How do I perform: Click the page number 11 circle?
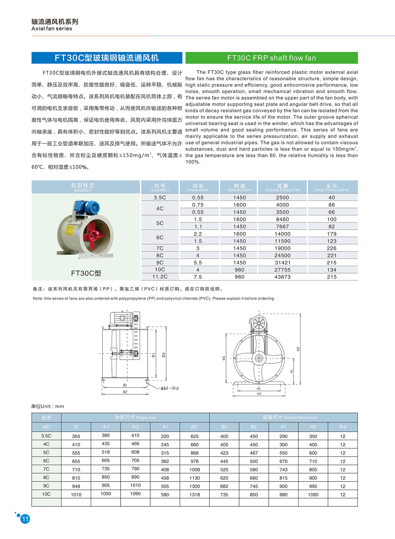[x=25, y=519]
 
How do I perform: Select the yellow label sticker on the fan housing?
[x=70, y=230]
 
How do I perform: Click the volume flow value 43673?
[x=282, y=277]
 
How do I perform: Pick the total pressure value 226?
[x=331, y=248]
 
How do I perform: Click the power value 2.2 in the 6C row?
[x=198, y=234]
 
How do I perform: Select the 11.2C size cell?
[x=160, y=277]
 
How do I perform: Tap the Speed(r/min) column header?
[x=239, y=187]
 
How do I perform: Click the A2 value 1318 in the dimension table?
[x=194, y=495]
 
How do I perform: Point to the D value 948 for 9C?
[x=76, y=486]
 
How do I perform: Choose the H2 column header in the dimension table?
[x=313, y=427]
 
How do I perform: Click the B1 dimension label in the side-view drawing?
[x=125, y=385]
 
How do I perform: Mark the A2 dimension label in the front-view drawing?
[x=298, y=349]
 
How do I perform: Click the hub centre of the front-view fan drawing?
[x=259, y=358]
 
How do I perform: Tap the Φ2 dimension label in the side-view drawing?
[x=164, y=355]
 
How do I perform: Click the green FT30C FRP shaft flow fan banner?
[x=271, y=58]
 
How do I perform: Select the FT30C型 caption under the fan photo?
[x=86, y=273]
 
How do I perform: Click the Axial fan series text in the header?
[x=52, y=29]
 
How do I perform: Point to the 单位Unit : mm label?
[x=48, y=406]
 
